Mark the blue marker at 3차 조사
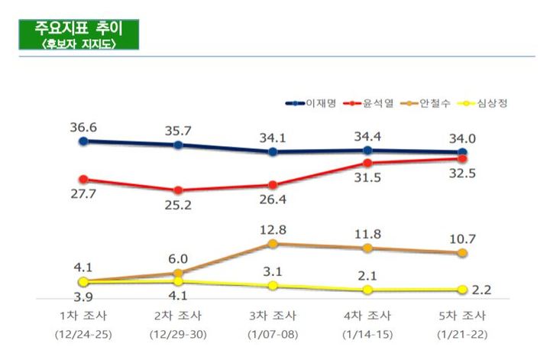point(273,151)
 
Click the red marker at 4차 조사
point(367,162)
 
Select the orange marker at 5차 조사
point(462,253)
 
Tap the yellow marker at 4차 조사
point(367,290)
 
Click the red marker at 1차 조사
point(83,180)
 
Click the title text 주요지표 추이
point(78,28)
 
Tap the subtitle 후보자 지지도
point(78,43)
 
